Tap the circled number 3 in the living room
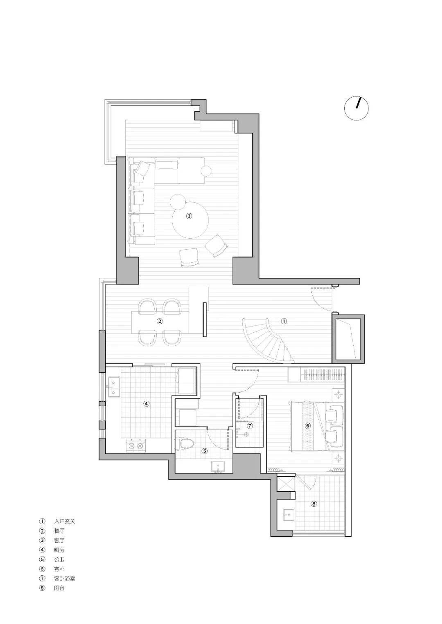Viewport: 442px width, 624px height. [189, 216]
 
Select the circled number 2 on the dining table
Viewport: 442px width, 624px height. [160, 321]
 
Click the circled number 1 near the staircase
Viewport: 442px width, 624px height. [284, 321]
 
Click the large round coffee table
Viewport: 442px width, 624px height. [190, 219]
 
